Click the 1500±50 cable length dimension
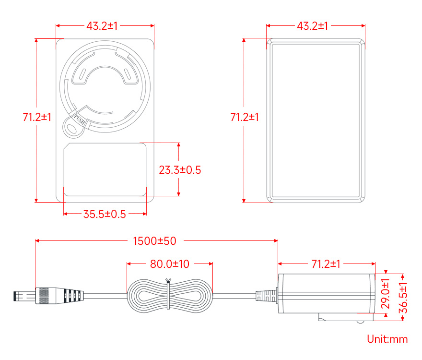point(155,241)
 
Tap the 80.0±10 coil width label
point(170,264)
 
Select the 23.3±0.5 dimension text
point(180,170)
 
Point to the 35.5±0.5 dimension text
point(105,214)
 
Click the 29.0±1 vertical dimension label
point(385,293)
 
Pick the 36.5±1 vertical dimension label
point(403,298)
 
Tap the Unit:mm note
point(387,339)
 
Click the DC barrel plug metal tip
point(24,296)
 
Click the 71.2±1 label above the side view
point(326,264)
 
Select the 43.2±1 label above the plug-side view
point(102,26)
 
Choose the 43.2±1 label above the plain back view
point(313,26)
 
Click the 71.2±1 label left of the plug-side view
point(37,117)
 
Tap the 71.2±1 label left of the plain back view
point(245,117)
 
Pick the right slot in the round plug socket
point(127,74)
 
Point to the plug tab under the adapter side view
point(346,317)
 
